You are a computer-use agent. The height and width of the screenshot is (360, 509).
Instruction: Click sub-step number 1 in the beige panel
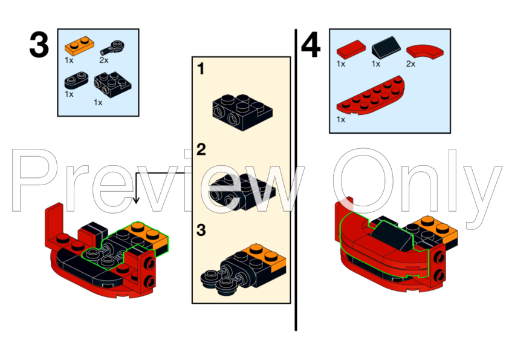(201, 69)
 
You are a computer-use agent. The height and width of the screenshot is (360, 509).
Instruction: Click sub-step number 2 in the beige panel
(201, 149)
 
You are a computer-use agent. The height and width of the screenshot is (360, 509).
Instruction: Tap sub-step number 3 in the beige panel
(201, 231)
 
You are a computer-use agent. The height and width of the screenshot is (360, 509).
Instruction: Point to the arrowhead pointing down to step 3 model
(136, 199)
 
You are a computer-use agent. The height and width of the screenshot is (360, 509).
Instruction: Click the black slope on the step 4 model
(387, 232)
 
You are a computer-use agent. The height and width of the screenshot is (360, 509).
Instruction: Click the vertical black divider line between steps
(296, 182)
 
